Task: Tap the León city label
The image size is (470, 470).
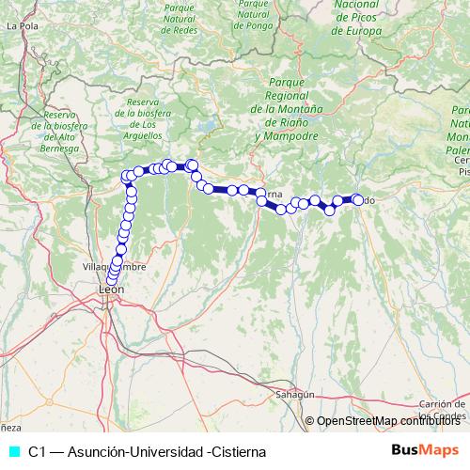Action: pos(112,290)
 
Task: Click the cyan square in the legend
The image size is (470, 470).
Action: pos(13,451)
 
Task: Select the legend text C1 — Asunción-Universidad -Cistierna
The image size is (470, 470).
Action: pos(147,451)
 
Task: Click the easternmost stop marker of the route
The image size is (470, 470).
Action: pos(357,198)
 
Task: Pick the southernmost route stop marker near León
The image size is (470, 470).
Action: pos(112,278)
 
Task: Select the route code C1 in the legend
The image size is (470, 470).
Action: pos(38,451)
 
